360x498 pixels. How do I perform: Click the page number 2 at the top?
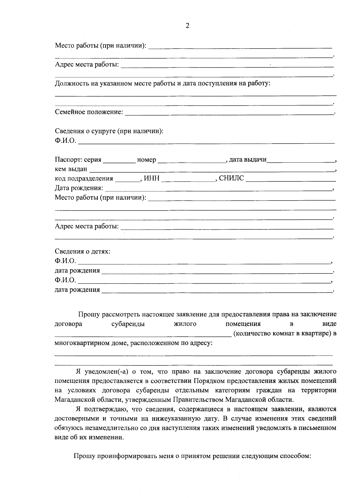187,26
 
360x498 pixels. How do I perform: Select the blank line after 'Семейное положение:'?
229,113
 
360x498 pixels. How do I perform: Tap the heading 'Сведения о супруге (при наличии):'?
109,131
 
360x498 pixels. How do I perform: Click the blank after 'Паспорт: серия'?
119,161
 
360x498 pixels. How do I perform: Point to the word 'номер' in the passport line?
146,160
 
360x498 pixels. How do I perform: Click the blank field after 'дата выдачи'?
301,161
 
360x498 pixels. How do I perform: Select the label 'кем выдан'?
71,169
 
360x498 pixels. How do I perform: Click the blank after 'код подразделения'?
127,180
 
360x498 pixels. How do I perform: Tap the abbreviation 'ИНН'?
152,179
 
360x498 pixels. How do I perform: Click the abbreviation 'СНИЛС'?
231,179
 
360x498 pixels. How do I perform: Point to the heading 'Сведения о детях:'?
82,251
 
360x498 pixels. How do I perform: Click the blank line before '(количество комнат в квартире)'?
143,335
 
